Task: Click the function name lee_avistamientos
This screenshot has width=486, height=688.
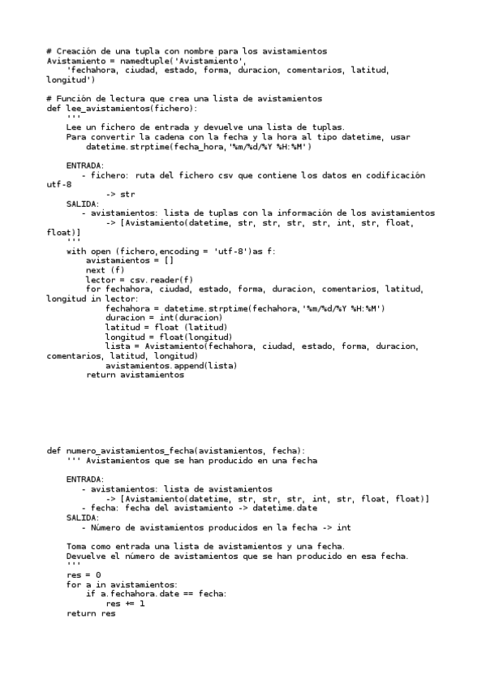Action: pos(115,108)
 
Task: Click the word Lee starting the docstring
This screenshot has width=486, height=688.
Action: pos(75,127)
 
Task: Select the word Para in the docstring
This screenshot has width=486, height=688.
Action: pos(78,137)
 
